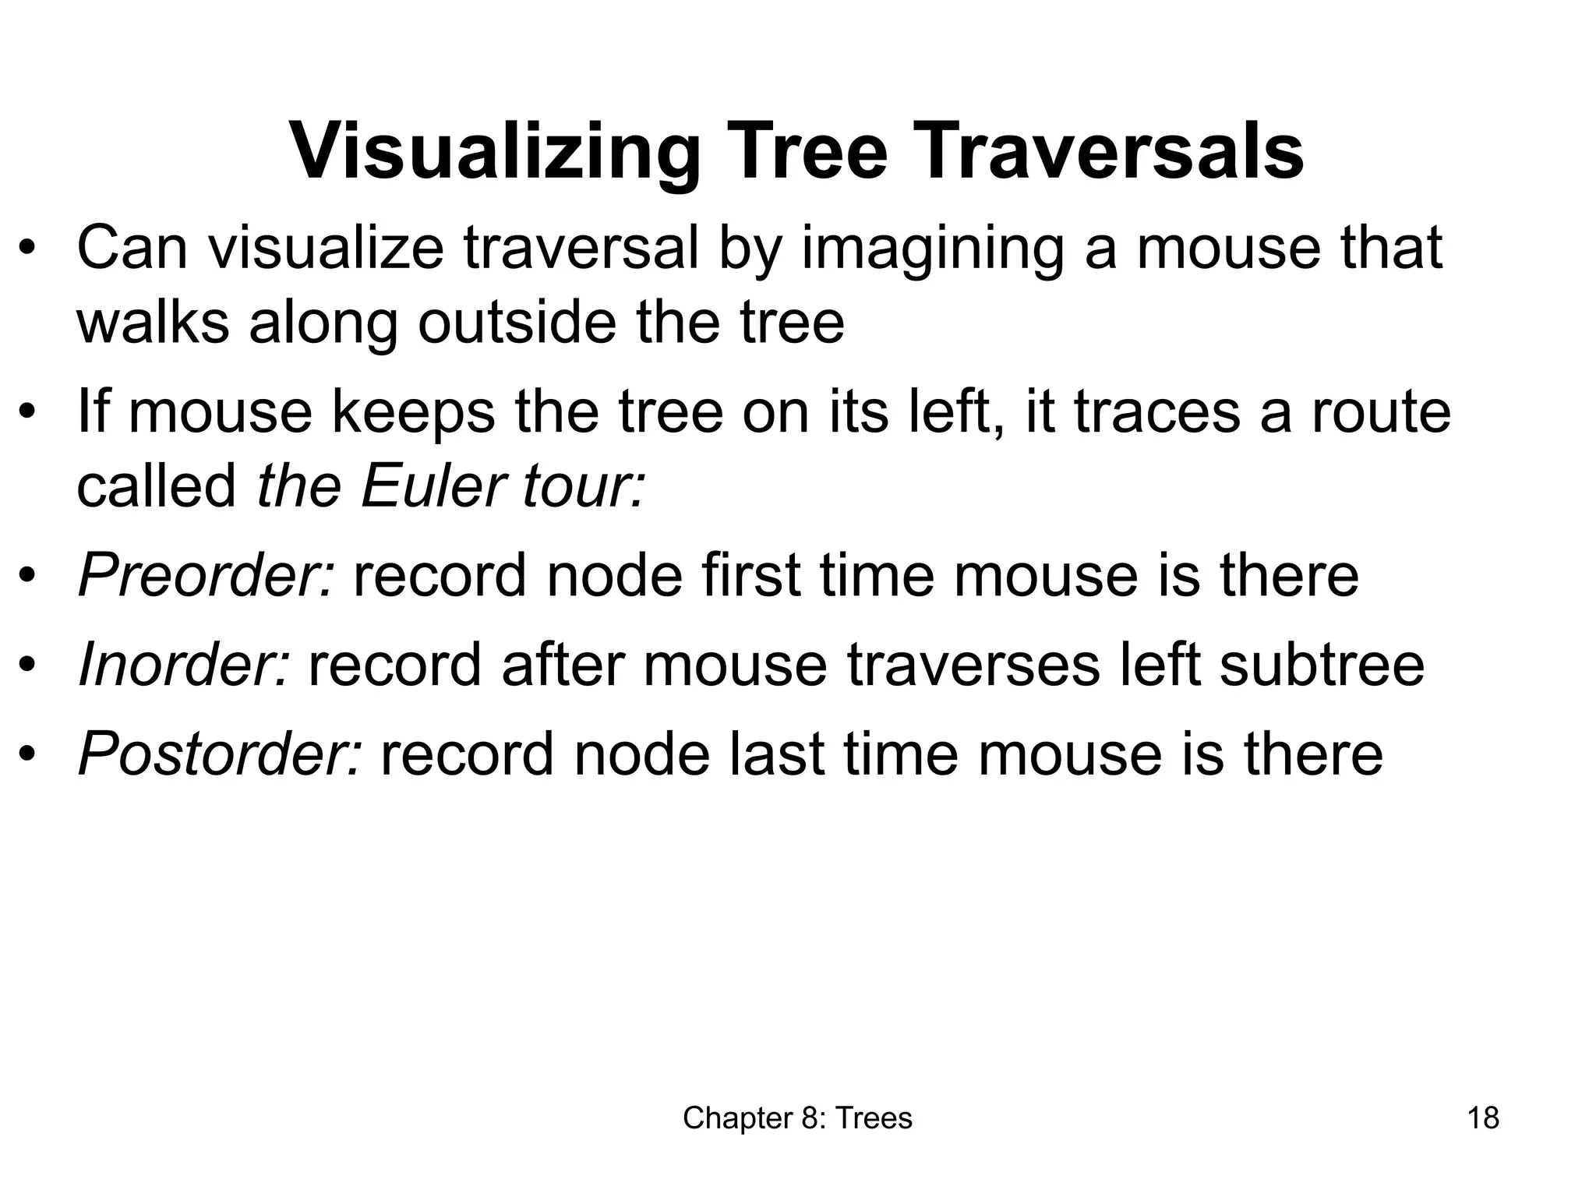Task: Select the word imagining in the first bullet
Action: pyautogui.click(x=932, y=249)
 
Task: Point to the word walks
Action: pyautogui.click(x=153, y=322)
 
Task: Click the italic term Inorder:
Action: pyautogui.click(x=185, y=665)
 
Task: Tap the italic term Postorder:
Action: pyautogui.click(x=221, y=754)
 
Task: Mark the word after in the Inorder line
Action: pyautogui.click(x=562, y=665)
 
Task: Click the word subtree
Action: pyautogui.click(x=1322, y=665)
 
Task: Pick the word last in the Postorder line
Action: pyautogui.click(x=775, y=754)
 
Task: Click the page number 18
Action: pyautogui.click(x=1483, y=1118)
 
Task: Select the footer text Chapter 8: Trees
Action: pyautogui.click(x=797, y=1118)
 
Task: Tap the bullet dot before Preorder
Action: pyautogui.click(x=28, y=577)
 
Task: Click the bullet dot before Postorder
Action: pyautogui.click(x=28, y=755)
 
